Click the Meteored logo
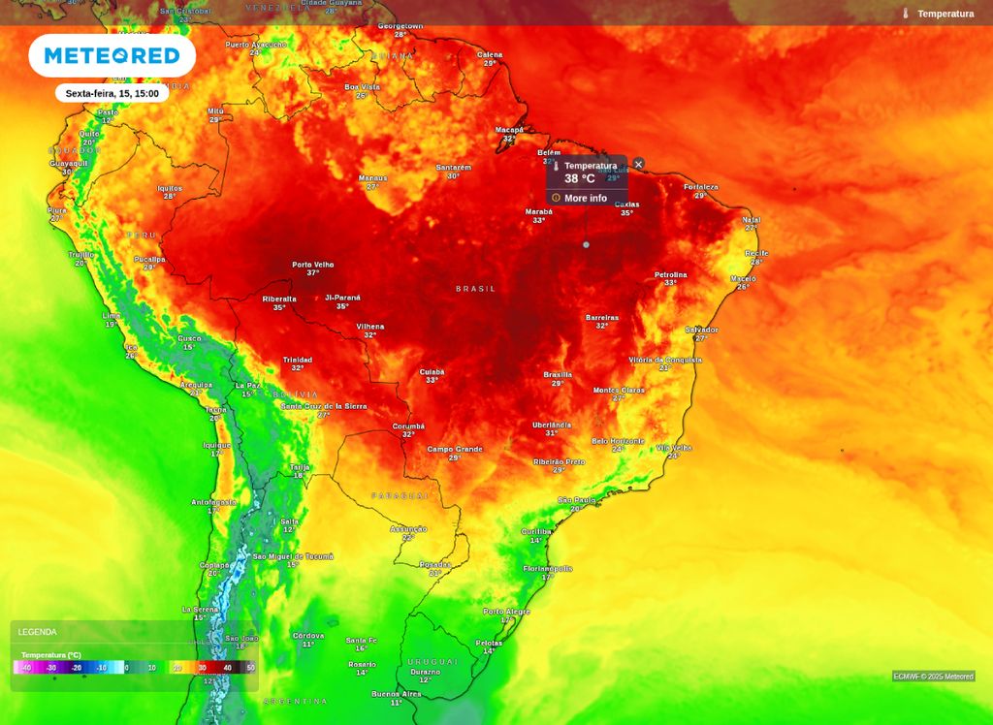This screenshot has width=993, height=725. [x=112, y=56]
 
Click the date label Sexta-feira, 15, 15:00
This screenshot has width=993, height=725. [x=112, y=93]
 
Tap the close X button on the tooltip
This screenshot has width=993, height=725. [x=638, y=164]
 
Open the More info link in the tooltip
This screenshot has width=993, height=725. [x=585, y=198]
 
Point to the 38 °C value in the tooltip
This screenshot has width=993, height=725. [x=580, y=178]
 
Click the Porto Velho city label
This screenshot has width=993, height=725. [x=312, y=265]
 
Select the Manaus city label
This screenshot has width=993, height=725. [x=372, y=178]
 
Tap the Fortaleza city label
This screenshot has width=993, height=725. [x=700, y=187]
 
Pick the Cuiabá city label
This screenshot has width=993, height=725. [x=432, y=371]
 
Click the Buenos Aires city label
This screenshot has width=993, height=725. [x=396, y=694]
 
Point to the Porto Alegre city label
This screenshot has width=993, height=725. [x=506, y=612]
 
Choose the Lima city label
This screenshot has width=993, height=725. [x=112, y=316]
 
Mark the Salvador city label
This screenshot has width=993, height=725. [x=701, y=331]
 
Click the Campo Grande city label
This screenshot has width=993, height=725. [x=455, y=449]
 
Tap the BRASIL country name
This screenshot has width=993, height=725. [x=475, y=289]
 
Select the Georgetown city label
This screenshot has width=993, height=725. [x=400, y=26]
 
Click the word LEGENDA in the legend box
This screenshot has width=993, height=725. [x=38, y=632]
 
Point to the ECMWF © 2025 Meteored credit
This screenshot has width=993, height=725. [x=933, y=677]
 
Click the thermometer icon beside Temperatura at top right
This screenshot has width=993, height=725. [x=905, y=14]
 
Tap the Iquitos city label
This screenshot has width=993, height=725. [x=170, y=188]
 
